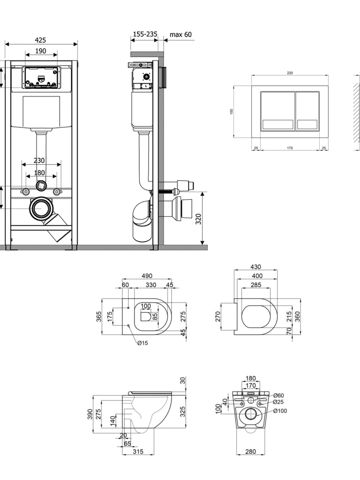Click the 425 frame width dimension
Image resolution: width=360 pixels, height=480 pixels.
pyautogui.click(x=40, y=40)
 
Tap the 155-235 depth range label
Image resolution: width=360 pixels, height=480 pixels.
pyautogui.click(x=145, y=34)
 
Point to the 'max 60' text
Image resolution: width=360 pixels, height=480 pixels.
pyautogui.click(x=181, y=34)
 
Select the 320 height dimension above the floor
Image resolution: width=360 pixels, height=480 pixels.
pyautogui.click(x=199, y=219)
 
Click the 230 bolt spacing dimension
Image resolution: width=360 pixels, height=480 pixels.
pyautogui.click(x=39, y=160)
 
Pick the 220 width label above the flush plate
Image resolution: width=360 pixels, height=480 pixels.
pyautogui.click(x=290, y=73)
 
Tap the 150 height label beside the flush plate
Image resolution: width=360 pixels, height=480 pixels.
pyautogui.click(x=232, y=112)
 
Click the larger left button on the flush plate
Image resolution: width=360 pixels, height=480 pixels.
pyautogui.click(x=278, y=111)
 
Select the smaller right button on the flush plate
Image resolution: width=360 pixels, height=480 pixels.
pyautogui.click(x=307, y=111)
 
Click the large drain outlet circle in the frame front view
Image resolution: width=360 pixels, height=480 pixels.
pyautogui.click(x=41, y=208)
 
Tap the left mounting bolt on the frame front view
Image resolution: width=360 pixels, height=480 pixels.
pyautogui.click(x=26, y=192)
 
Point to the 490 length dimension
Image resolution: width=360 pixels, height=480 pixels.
pyautogui.click(x=147, y=276)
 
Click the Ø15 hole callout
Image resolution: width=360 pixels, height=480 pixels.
pyautogui.click(x=142, y=343)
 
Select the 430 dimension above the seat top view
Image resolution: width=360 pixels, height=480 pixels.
pyautogui.click(x=256, y=267)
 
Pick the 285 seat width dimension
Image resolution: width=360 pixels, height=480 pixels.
pyautogui.click(x=256, y=285)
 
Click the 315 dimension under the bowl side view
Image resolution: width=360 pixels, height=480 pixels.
pyautogui.click(x=138, y=451)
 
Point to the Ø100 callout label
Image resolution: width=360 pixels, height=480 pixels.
pyautogui.click(x=280, y=411)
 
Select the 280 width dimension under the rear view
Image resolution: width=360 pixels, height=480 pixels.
pyautogui.click(x=250, y=451)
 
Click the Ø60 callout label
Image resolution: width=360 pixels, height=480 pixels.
pyautogui.click(x=278, y=395)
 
